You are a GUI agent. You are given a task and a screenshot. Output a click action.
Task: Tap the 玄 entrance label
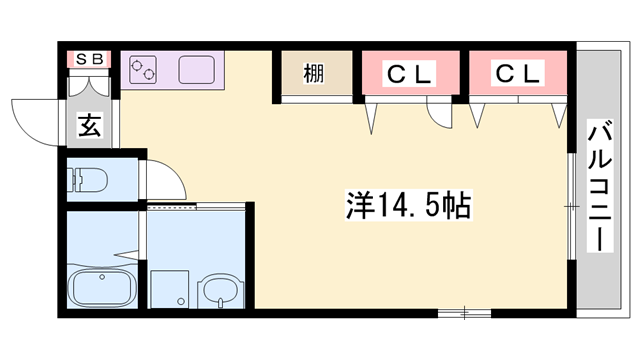pos(89,127)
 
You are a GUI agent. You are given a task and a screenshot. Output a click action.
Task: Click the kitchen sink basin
pos(195,71)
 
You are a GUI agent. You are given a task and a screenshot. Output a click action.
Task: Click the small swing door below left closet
pos(437,111)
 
